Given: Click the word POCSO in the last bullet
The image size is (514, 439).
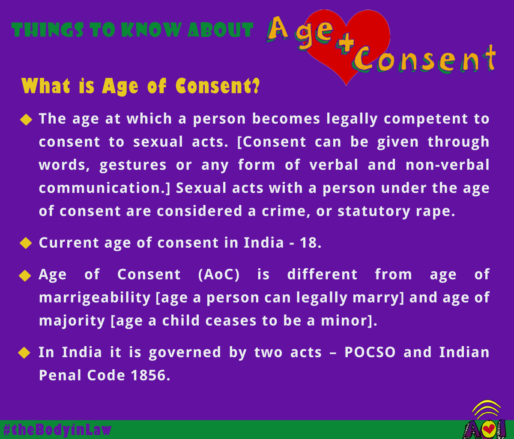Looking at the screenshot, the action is point(370,352).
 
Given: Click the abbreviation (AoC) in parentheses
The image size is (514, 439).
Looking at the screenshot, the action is point(219,274).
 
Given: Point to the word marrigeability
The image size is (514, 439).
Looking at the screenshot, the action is point(95,298).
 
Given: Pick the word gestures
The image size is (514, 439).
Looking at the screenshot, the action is point(133,166).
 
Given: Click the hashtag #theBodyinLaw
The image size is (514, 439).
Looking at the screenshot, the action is point(57,430).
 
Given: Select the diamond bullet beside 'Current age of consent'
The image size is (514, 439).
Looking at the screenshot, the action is point(26,243).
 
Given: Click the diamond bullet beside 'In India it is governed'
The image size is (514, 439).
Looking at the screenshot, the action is point(24,353).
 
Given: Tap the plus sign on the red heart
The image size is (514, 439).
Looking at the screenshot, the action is point(345,44).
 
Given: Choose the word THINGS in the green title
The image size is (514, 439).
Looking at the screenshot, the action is point(48,30).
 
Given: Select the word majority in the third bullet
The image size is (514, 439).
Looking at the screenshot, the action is point(72,321).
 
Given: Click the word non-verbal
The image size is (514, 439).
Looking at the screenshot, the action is point(447,165).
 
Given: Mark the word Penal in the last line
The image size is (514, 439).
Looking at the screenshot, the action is point(60,375).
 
